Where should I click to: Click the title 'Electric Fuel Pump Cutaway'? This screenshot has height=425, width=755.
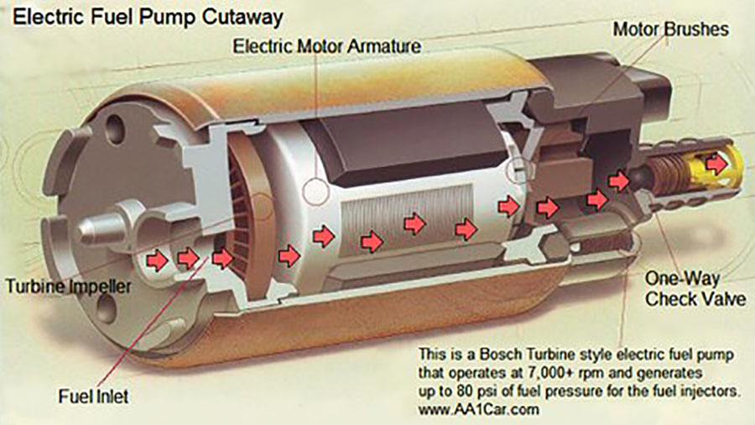click(148, 18)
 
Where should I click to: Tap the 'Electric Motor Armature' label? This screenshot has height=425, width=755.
click(327, 46)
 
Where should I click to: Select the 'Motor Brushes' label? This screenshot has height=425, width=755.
click(670, 29)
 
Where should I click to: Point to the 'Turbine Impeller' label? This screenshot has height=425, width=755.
click(69, 286)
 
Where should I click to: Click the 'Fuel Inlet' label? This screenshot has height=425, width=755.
click(93, 396)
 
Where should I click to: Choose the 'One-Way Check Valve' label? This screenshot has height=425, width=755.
click(695, 289)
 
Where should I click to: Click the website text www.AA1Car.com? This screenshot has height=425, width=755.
click(479, 410)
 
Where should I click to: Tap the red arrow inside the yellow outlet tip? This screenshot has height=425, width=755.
click(716, 164)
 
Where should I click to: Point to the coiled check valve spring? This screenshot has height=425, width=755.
click(665, 175)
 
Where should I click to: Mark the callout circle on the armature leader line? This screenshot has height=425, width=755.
click(316, 192)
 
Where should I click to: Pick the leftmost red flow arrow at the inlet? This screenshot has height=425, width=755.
click(157, 260)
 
